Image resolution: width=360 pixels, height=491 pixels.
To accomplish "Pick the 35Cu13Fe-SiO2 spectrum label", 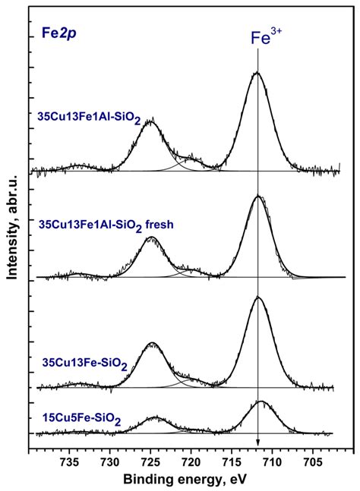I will pyautogui.click(x=84, y=365).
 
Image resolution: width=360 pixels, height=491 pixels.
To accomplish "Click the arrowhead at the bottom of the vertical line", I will pyautogui.click(x=258, y=442).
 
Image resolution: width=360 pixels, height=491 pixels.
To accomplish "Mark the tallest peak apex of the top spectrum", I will pyautogui.click(x=257, y=73).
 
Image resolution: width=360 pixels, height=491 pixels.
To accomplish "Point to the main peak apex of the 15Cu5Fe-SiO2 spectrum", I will pyautogui.click(x=261, y=401).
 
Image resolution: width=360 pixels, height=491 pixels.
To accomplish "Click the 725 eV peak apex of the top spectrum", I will pyautogui.click(x=150, y=120).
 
